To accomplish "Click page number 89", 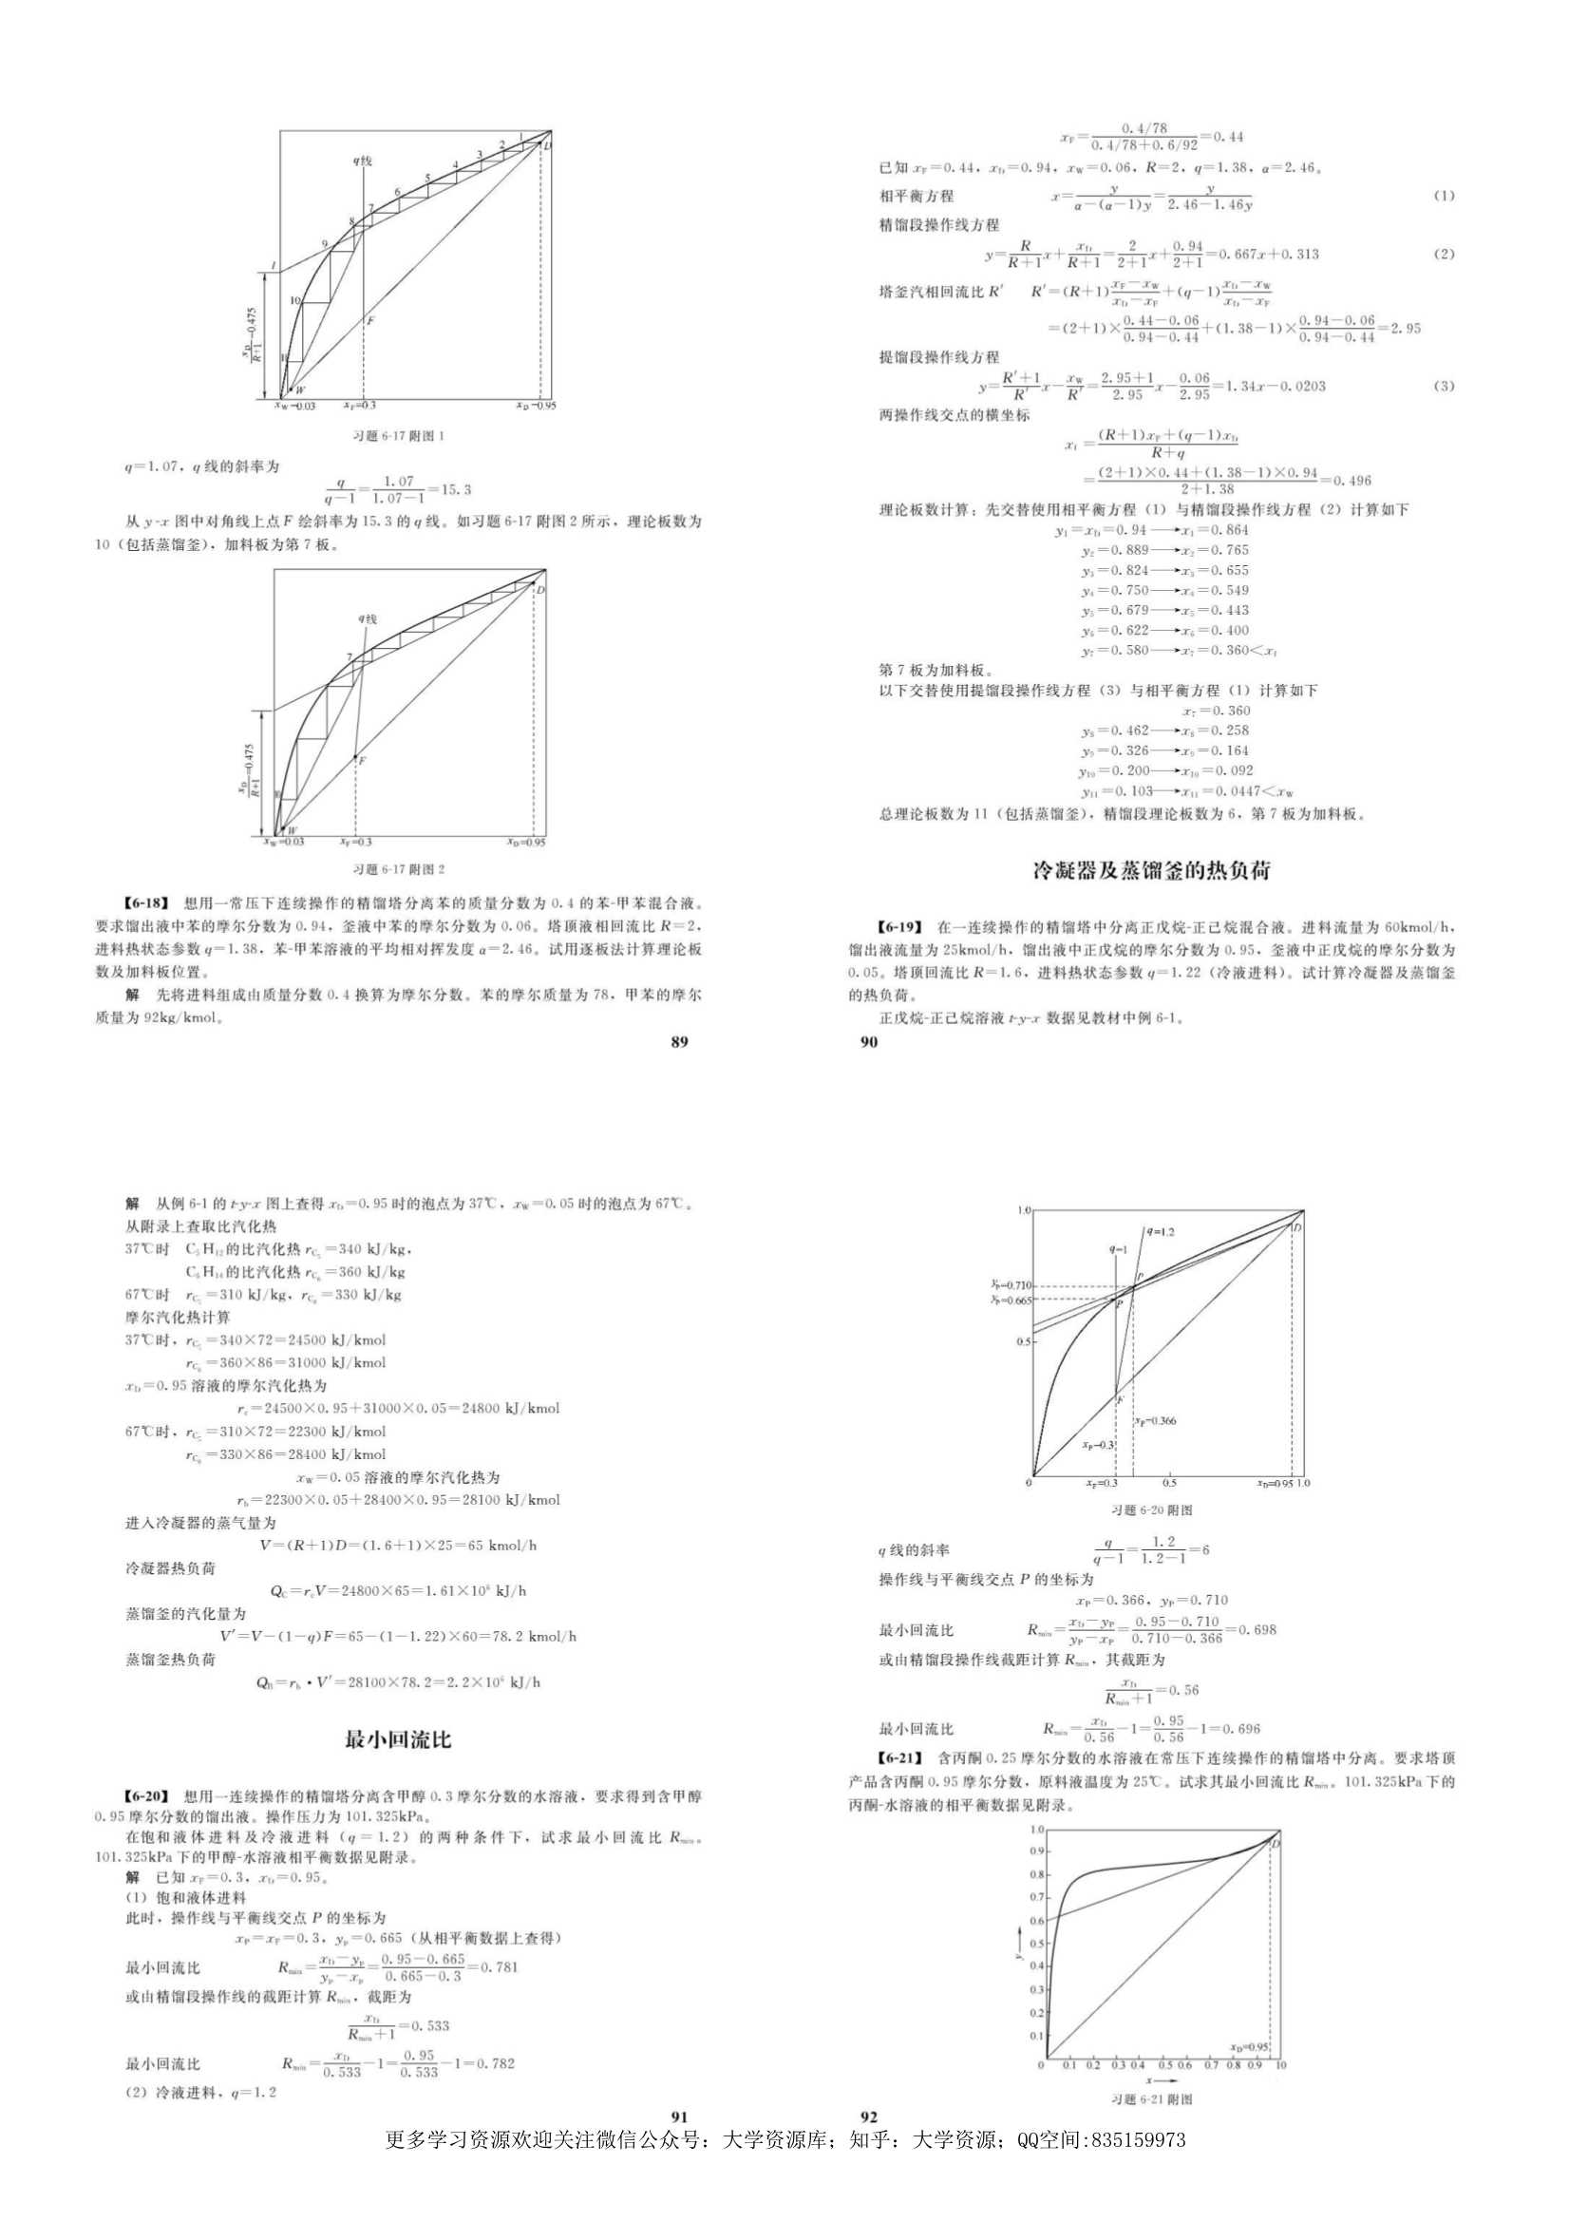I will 679,1042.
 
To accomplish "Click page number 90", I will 869,1042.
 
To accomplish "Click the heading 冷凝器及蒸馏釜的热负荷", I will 1150,870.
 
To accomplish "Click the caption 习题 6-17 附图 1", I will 399,436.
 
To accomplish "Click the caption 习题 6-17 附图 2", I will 399,869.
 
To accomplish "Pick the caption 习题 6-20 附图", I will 1152,1510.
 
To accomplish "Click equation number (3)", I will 1444,386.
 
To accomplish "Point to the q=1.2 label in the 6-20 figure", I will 1161,1232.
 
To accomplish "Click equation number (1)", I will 1444,196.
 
